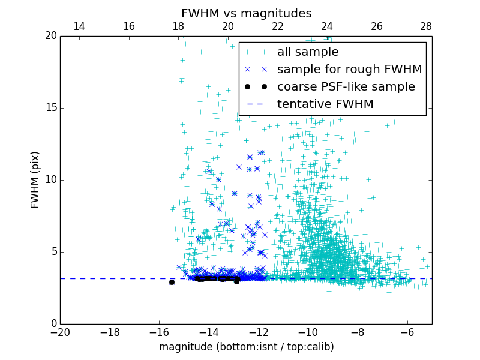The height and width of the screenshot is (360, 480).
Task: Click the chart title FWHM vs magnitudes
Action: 246,13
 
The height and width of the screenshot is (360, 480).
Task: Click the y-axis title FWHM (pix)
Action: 35,179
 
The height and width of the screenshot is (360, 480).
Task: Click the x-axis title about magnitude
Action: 246,347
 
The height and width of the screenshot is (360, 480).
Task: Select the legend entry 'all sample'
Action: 308,52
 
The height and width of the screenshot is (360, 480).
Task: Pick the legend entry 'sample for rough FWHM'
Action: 349,70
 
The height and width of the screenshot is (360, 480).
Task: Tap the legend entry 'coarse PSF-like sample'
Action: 346,87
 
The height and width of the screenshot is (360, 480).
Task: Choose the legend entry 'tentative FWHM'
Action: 325,104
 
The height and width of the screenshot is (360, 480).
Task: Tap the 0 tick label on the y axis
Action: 53,324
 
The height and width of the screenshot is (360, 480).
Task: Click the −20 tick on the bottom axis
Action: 60,332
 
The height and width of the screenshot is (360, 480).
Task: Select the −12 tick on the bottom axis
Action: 259,332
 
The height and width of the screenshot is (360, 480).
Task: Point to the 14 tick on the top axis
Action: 79,27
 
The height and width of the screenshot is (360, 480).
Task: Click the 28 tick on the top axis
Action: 426,27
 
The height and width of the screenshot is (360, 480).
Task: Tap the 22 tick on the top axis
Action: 277,27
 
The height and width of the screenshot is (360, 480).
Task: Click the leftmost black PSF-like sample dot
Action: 172,282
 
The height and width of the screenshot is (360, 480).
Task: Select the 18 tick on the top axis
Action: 178,27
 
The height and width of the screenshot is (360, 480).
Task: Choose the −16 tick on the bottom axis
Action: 159,332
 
